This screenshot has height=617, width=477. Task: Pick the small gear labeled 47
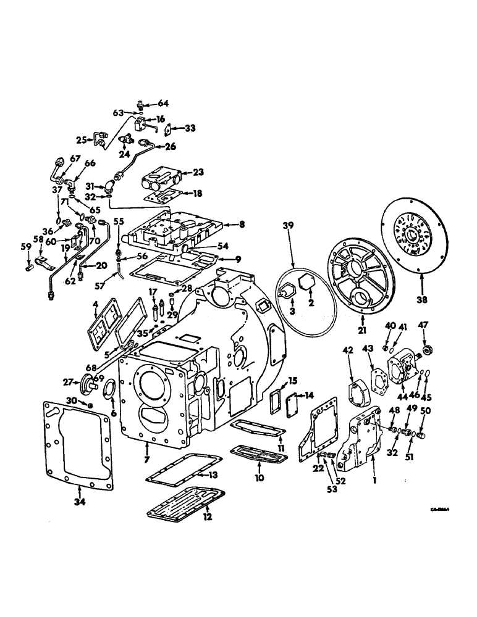point(424,354)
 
